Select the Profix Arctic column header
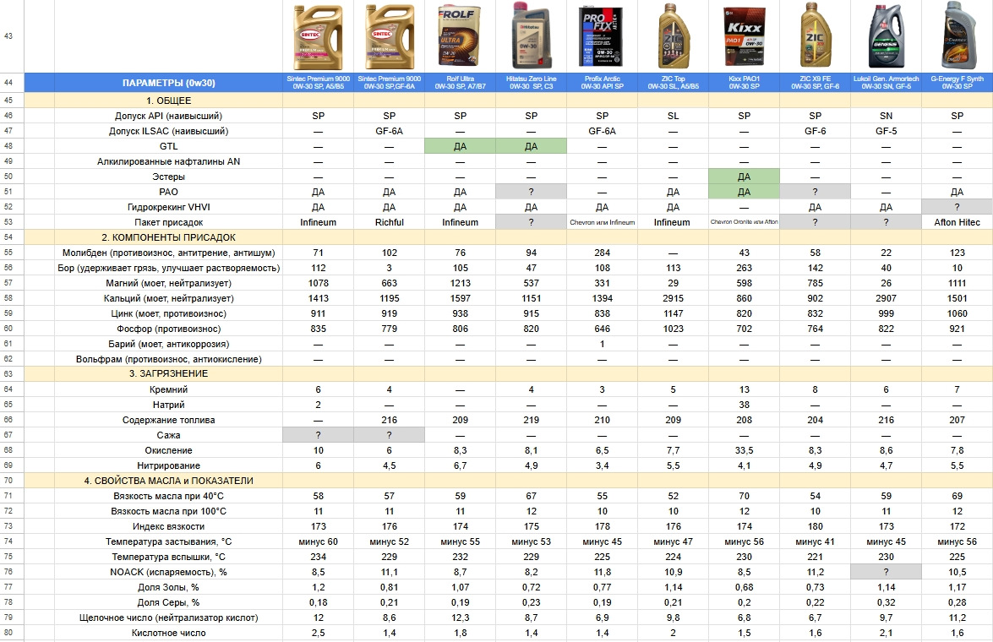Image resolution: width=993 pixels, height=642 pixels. [x=602, y=82]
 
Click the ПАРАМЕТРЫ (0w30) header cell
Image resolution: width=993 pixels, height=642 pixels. [x=168, y=83]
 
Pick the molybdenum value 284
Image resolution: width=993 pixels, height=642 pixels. [x=602, y=253]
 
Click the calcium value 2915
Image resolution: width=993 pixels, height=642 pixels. [x=673, y=298]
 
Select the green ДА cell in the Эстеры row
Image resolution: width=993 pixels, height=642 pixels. [x=744, y=177]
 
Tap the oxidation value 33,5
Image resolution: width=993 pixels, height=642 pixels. [x=744, y=450]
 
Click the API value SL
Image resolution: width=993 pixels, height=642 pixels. [x=673, y=115]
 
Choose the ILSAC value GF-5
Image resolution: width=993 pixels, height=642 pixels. [x=886, y=131]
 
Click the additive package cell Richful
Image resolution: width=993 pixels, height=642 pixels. [x=389, y=222]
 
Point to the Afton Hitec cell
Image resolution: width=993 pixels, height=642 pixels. [x=957, y=222]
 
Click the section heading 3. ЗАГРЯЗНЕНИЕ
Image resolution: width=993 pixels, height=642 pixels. [x=168, y=373]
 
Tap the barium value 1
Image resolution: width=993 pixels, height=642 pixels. [x=602, y=344]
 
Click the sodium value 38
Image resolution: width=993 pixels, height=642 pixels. [x=744, y=405]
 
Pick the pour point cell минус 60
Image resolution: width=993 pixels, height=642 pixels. [x=318, y=541]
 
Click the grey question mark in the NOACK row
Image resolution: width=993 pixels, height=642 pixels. [x=886, y=572]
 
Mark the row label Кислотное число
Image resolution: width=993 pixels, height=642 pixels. [x=167, y=633]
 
